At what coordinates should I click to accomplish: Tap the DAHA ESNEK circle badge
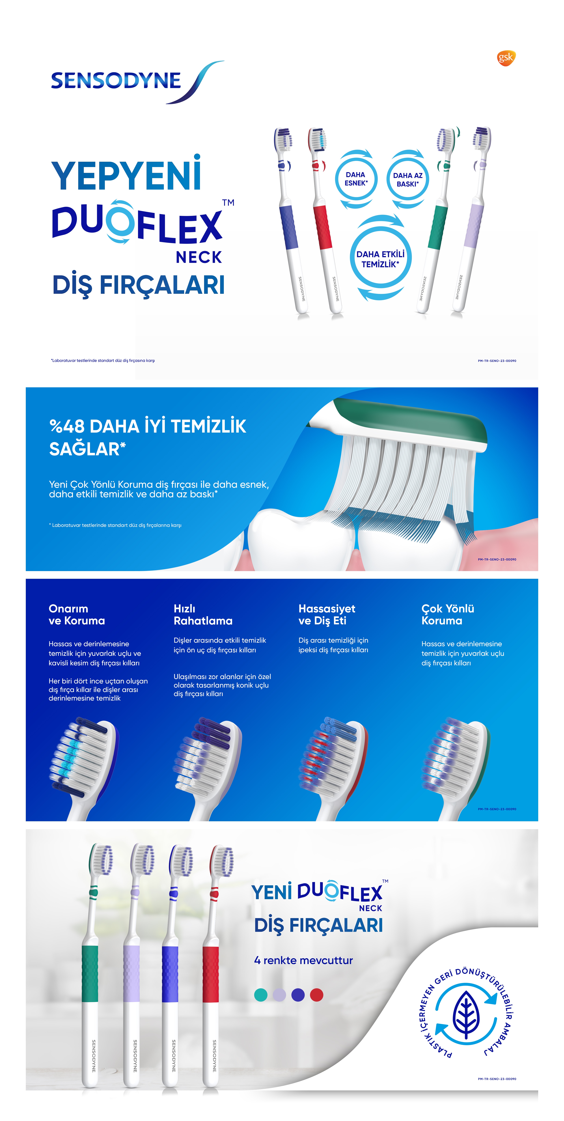[x=356, y=179]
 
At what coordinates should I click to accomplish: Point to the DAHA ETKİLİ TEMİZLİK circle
[x=380, y=259]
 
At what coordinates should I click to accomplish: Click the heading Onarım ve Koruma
[x=77, y=614]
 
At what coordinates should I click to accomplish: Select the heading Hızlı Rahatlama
[x=203, y=614]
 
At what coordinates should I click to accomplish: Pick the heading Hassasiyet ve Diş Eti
[x=327, y=614]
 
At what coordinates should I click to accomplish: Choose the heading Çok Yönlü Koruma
[x=448, y=614]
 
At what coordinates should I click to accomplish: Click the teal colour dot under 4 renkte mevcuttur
[x=261, y=995]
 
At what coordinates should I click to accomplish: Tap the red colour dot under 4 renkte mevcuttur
[x=317, y=995]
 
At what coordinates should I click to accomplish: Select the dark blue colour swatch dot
[x=298, y=995]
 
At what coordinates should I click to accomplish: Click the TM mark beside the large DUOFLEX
[x=228, y=202]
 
